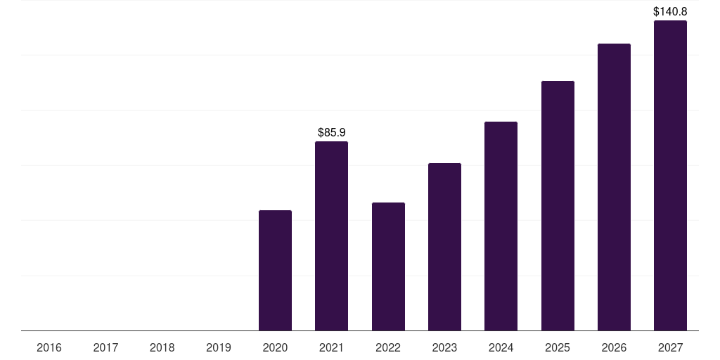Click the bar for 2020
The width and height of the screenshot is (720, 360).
pos(275,271)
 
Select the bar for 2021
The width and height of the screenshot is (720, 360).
pos(331,236)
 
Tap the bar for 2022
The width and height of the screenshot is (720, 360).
pos(388,266)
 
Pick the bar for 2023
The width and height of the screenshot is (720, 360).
pos(444,247)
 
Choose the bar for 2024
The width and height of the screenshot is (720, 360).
pos(501,226)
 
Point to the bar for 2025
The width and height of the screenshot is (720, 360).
pos(558,206)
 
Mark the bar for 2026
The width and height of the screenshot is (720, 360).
pos(614,187)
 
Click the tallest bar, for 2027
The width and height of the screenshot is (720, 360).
pos(670,176)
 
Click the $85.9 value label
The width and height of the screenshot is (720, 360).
pos(332,132)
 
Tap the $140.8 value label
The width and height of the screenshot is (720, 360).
pos(670,11)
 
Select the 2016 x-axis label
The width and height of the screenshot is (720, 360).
pos(49,347)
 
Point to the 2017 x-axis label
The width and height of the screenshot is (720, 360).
pos(105,347)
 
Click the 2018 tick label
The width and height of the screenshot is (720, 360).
pos(162,347)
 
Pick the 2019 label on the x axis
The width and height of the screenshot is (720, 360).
pos(219,347)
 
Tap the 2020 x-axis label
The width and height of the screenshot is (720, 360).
pos(275,347)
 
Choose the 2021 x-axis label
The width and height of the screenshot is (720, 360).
pos(331,347)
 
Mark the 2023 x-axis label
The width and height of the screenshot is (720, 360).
pos(444,347)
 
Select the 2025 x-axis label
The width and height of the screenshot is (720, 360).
pos(558,347)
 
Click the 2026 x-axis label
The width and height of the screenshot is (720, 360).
pos(614,347)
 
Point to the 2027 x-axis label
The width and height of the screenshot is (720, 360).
pos(670,347)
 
